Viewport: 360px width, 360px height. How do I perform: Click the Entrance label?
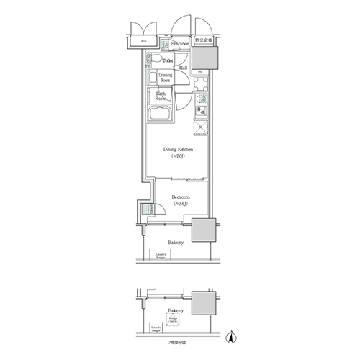point(180,44)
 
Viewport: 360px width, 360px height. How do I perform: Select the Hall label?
point(184,68)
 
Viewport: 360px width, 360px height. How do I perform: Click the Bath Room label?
point(161,96)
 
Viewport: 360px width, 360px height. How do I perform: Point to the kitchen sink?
point(202,96)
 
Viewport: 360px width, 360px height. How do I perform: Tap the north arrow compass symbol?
point(230,336)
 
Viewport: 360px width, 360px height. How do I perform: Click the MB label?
point(143,42)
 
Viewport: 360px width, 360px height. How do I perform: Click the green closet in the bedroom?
point(148,210)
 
